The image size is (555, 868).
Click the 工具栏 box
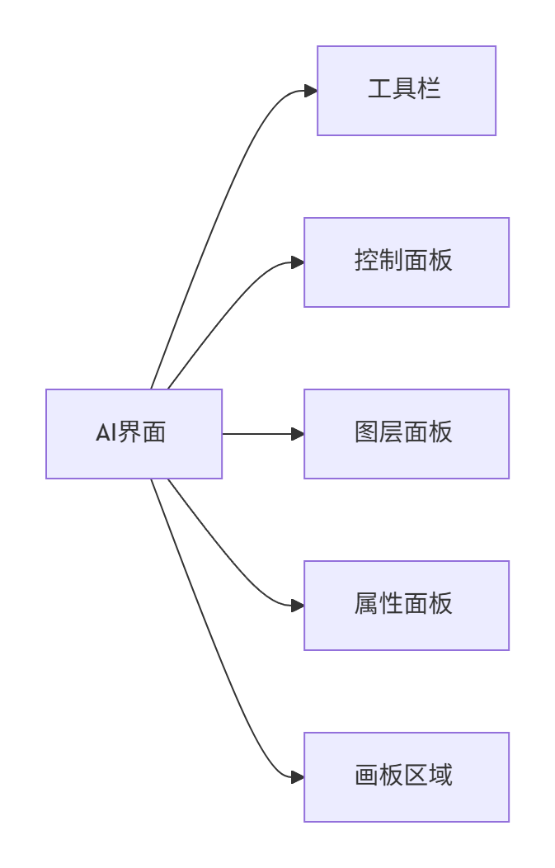point(407,91)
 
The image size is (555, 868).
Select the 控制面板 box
point(407,262)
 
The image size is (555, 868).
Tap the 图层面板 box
point(407,434)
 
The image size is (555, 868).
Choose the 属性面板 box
point(407,606)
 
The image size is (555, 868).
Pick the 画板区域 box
point(407,777)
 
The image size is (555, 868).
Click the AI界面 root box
point(134,434)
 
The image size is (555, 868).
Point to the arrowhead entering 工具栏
point(311,91)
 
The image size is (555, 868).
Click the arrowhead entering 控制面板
point(298,262)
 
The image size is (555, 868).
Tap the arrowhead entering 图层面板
point(298,434)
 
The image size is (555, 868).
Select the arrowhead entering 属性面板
point(298,606)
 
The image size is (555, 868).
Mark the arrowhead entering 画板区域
point(298,777)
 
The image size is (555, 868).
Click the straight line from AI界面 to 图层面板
point(257,434)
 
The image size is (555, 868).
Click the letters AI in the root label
point(106,432)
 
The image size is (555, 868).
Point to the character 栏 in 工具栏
point(429,89)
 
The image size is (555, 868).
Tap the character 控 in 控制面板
point(367,260)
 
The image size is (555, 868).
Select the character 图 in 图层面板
point(367,432)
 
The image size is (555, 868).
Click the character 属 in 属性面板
point(367,603)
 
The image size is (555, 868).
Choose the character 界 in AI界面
point(129,432)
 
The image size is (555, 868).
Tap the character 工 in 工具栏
point(380,89)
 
